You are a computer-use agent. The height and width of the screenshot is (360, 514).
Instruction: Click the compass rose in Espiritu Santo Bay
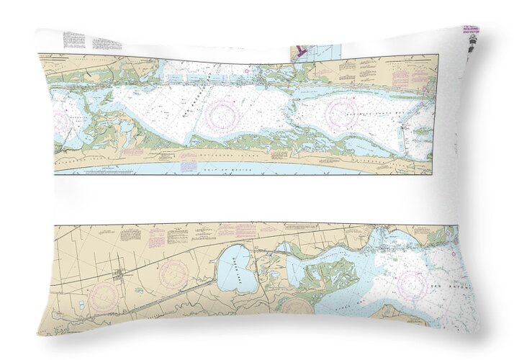(342, 113)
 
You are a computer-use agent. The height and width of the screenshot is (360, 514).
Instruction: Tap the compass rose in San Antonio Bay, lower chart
(412, 282)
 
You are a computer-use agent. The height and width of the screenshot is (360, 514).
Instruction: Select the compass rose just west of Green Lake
(173, 274)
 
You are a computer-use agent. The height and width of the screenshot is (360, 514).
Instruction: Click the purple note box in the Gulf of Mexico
(187, 166)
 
